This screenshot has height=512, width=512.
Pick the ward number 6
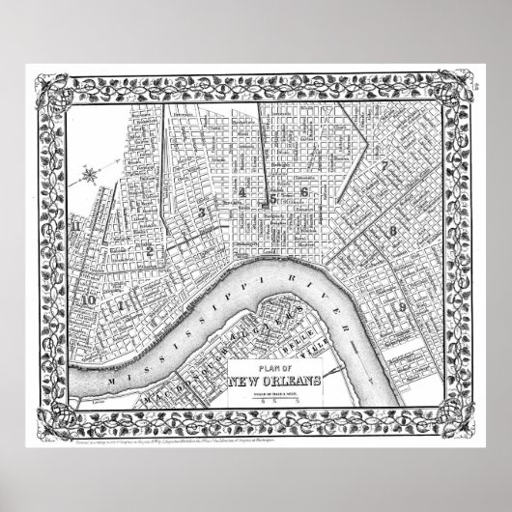point(304,192)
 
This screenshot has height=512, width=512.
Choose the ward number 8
point(393,232)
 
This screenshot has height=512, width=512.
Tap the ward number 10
point(88,299)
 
